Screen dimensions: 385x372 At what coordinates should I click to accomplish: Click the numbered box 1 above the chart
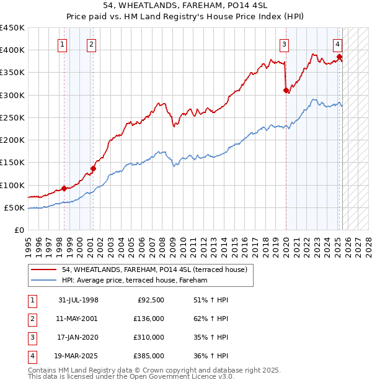pyautogui.click(x=63, y=44)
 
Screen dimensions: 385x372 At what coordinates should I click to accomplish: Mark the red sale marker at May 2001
pyautogui.click(x=94, y=168)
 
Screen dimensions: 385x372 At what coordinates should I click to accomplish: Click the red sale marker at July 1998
pyautogui.click(x=64, y=188)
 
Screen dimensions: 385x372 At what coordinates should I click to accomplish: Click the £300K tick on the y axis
pyautogui.click(x=12, y=95)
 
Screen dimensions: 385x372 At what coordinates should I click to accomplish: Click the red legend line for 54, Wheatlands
pyautogui.click(x=44, y=269)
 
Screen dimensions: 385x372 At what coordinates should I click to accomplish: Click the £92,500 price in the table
pyautogui.click(x=150, y=300)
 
